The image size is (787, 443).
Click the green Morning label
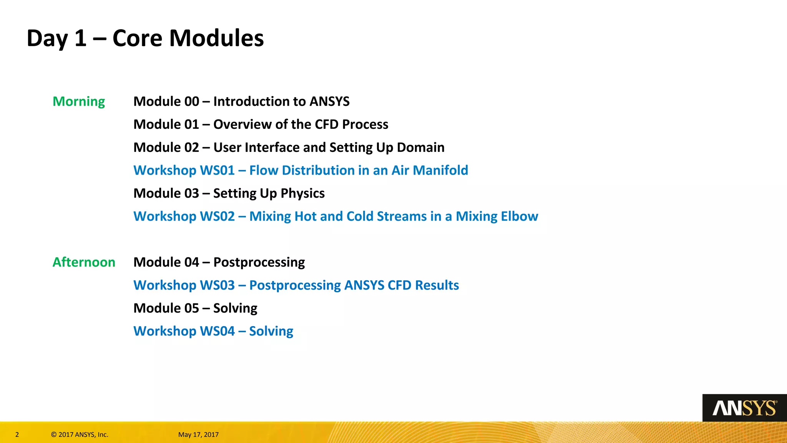pos(78,102)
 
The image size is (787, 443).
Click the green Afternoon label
pos(84,262)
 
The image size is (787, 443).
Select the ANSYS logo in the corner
pos(744,408)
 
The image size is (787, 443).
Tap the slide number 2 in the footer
pos(17,435)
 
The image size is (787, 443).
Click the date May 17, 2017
pos(198,435)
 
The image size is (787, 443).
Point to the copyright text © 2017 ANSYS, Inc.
pos(80,435)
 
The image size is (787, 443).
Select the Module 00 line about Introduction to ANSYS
pos(241,102)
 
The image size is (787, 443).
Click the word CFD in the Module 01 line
pos(327,125)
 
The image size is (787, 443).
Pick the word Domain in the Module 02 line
pos(420,148)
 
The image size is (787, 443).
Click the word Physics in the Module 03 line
pos(302,193)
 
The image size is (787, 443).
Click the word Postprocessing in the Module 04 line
pos(259,262)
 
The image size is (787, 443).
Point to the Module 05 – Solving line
pos(195,308)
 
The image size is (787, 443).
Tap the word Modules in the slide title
pos(216,38)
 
